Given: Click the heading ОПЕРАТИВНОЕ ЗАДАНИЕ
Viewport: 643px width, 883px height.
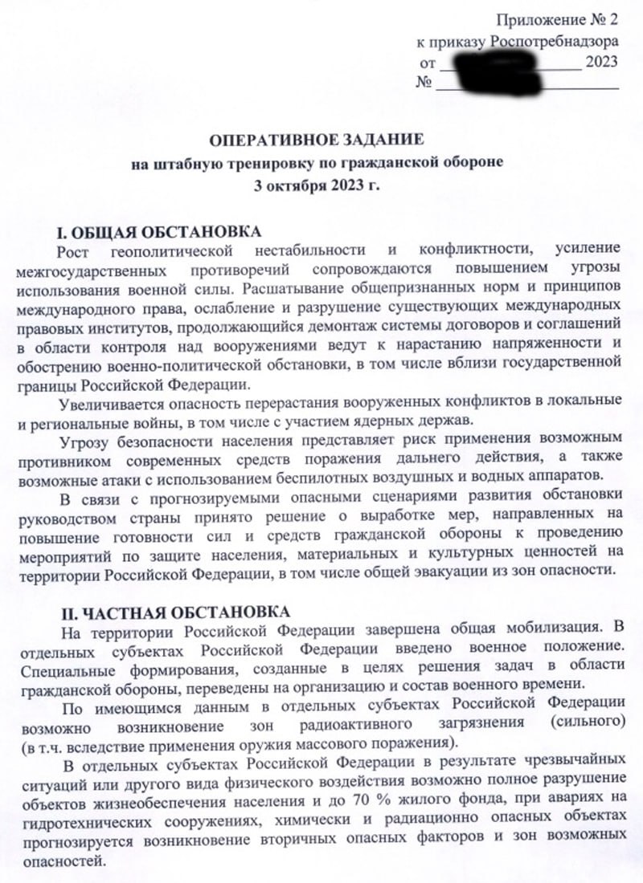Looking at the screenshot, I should pos(316,140).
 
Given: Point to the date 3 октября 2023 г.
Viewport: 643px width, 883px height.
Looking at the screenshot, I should pos(316,185).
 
